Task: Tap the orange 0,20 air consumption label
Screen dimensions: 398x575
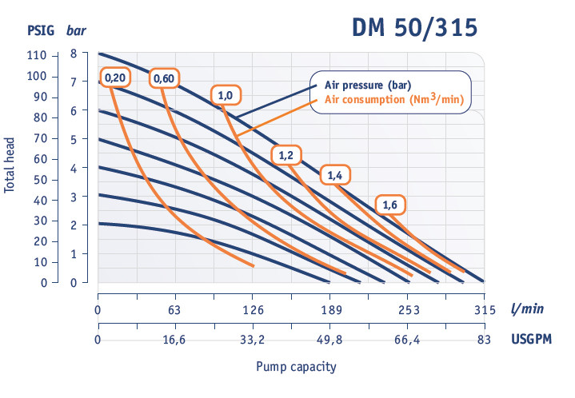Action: (114, 78)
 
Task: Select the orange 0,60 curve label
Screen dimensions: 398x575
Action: (164, 78)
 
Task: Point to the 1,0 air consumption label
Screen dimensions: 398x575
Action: (225, 95)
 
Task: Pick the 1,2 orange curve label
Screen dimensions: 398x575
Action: (286, 155)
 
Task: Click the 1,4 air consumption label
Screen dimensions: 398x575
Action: (335, 173)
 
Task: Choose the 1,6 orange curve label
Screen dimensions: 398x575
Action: (389, 205)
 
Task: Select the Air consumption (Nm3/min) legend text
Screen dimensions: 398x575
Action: (393, 100)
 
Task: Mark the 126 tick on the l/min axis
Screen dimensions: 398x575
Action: (253, 310)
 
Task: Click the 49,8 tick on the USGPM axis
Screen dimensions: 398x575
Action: (329, 340)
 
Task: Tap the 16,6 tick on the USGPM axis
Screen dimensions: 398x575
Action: (175, 340)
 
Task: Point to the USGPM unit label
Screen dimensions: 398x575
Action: (531, 340)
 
